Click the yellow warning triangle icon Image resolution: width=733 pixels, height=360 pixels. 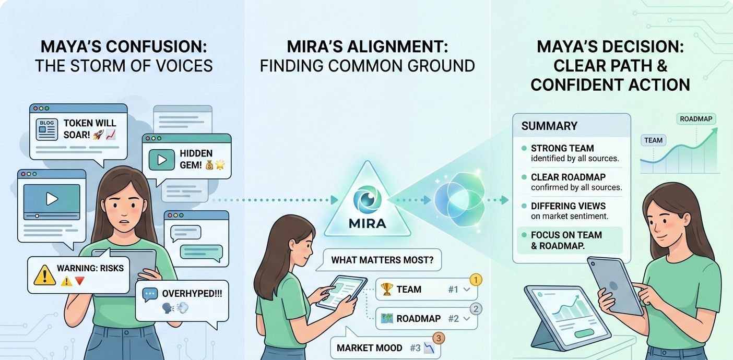click(44, 274)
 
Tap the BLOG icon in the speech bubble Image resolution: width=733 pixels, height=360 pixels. click(46, 129)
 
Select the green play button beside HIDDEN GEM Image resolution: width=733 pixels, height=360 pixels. click(161, 160)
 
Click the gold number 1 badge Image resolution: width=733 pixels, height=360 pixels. click(476, 280)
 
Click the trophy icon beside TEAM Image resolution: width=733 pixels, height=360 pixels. click(387, 290)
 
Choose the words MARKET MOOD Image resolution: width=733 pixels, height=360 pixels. click(369, 348)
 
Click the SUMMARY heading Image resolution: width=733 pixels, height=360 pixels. click(549, 126)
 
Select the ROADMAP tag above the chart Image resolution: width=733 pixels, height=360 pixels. click(696, 119)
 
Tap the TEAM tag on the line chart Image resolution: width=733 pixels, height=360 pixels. click(653, 140)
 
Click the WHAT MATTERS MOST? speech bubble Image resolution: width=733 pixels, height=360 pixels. click(382, 260)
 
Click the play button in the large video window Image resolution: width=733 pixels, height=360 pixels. click(51, 198)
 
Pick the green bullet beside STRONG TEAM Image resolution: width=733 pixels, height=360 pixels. click(524, 149)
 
